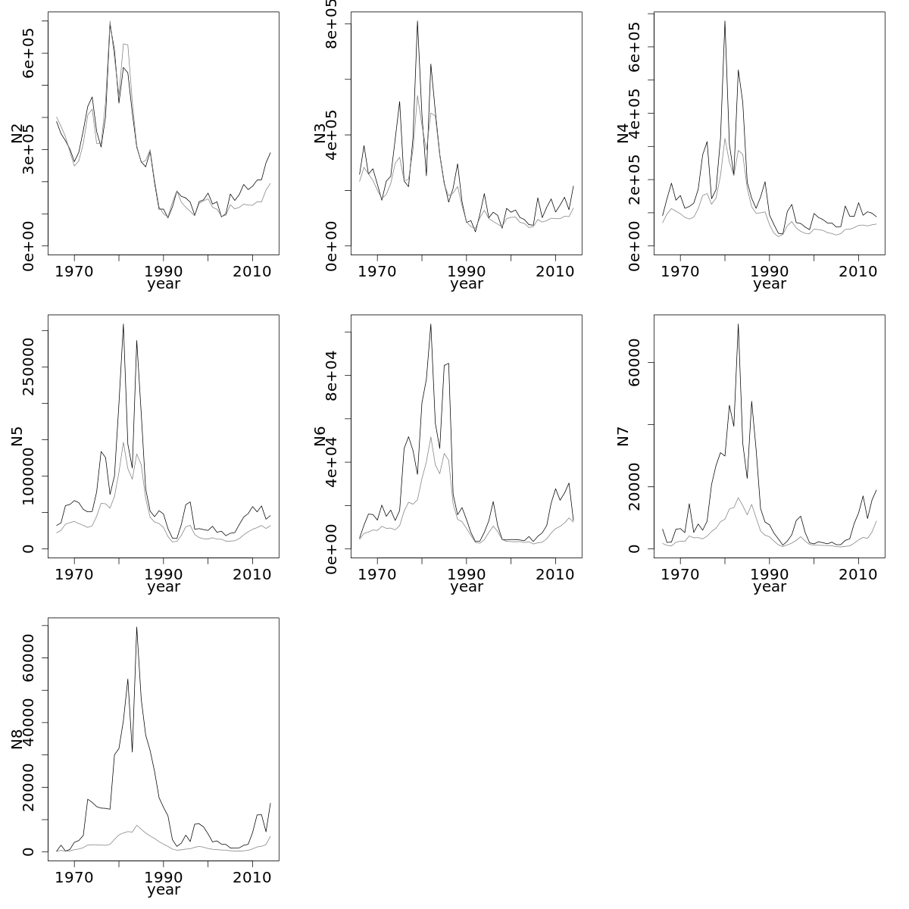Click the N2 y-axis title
[17, 133]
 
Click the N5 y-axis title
[17, 436]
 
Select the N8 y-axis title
[17, 739]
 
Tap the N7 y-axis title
[623, 436]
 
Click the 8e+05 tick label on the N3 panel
[332, 24]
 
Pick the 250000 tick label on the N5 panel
[29, 367]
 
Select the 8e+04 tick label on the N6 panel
[332, 375]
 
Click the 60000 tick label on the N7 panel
[635, 362]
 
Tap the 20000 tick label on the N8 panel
[29, 788]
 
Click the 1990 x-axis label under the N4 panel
[770, 270]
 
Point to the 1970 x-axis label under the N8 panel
[74, 876]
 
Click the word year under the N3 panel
[467, 284]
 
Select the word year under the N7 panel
[770, 587]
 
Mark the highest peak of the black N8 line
[136, 627]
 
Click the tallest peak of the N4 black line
[725, 21]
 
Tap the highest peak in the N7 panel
[738, 324]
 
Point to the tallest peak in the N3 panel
[417, 21]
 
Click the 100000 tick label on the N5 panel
[29, 476]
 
